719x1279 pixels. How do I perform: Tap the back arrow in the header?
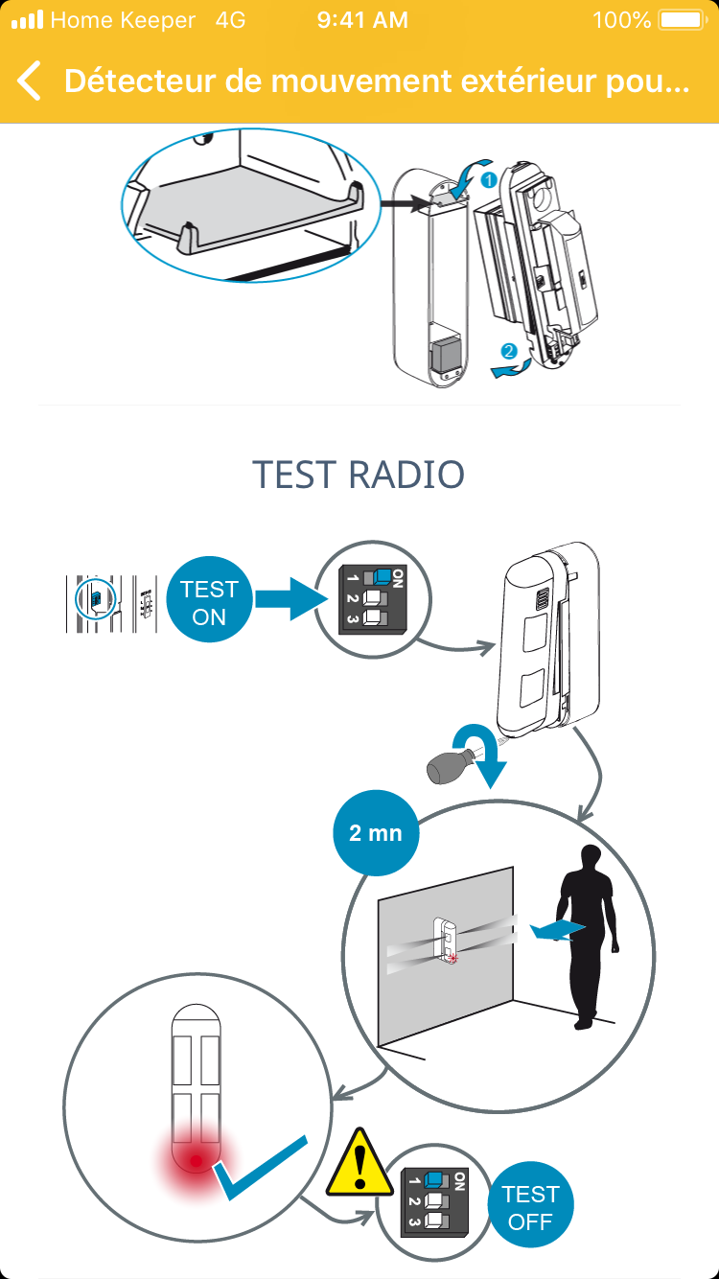pos(30,81)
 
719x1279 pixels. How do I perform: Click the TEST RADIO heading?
pos(359,475)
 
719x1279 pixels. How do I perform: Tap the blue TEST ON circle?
pos(209,602)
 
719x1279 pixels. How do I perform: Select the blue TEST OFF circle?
pos(530,1207)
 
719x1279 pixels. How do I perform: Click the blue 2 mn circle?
pos(375,832)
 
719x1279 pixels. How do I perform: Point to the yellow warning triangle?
pos(360,1165)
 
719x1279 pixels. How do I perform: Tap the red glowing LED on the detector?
pos(196,1161)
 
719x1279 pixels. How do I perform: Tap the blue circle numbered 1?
pos(487,179)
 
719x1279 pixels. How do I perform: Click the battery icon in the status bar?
pos(681,19)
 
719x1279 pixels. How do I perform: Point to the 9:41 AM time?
pos(362,19)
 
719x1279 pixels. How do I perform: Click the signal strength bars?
pos(27,19)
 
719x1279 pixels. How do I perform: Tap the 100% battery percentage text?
pos(621,19)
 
